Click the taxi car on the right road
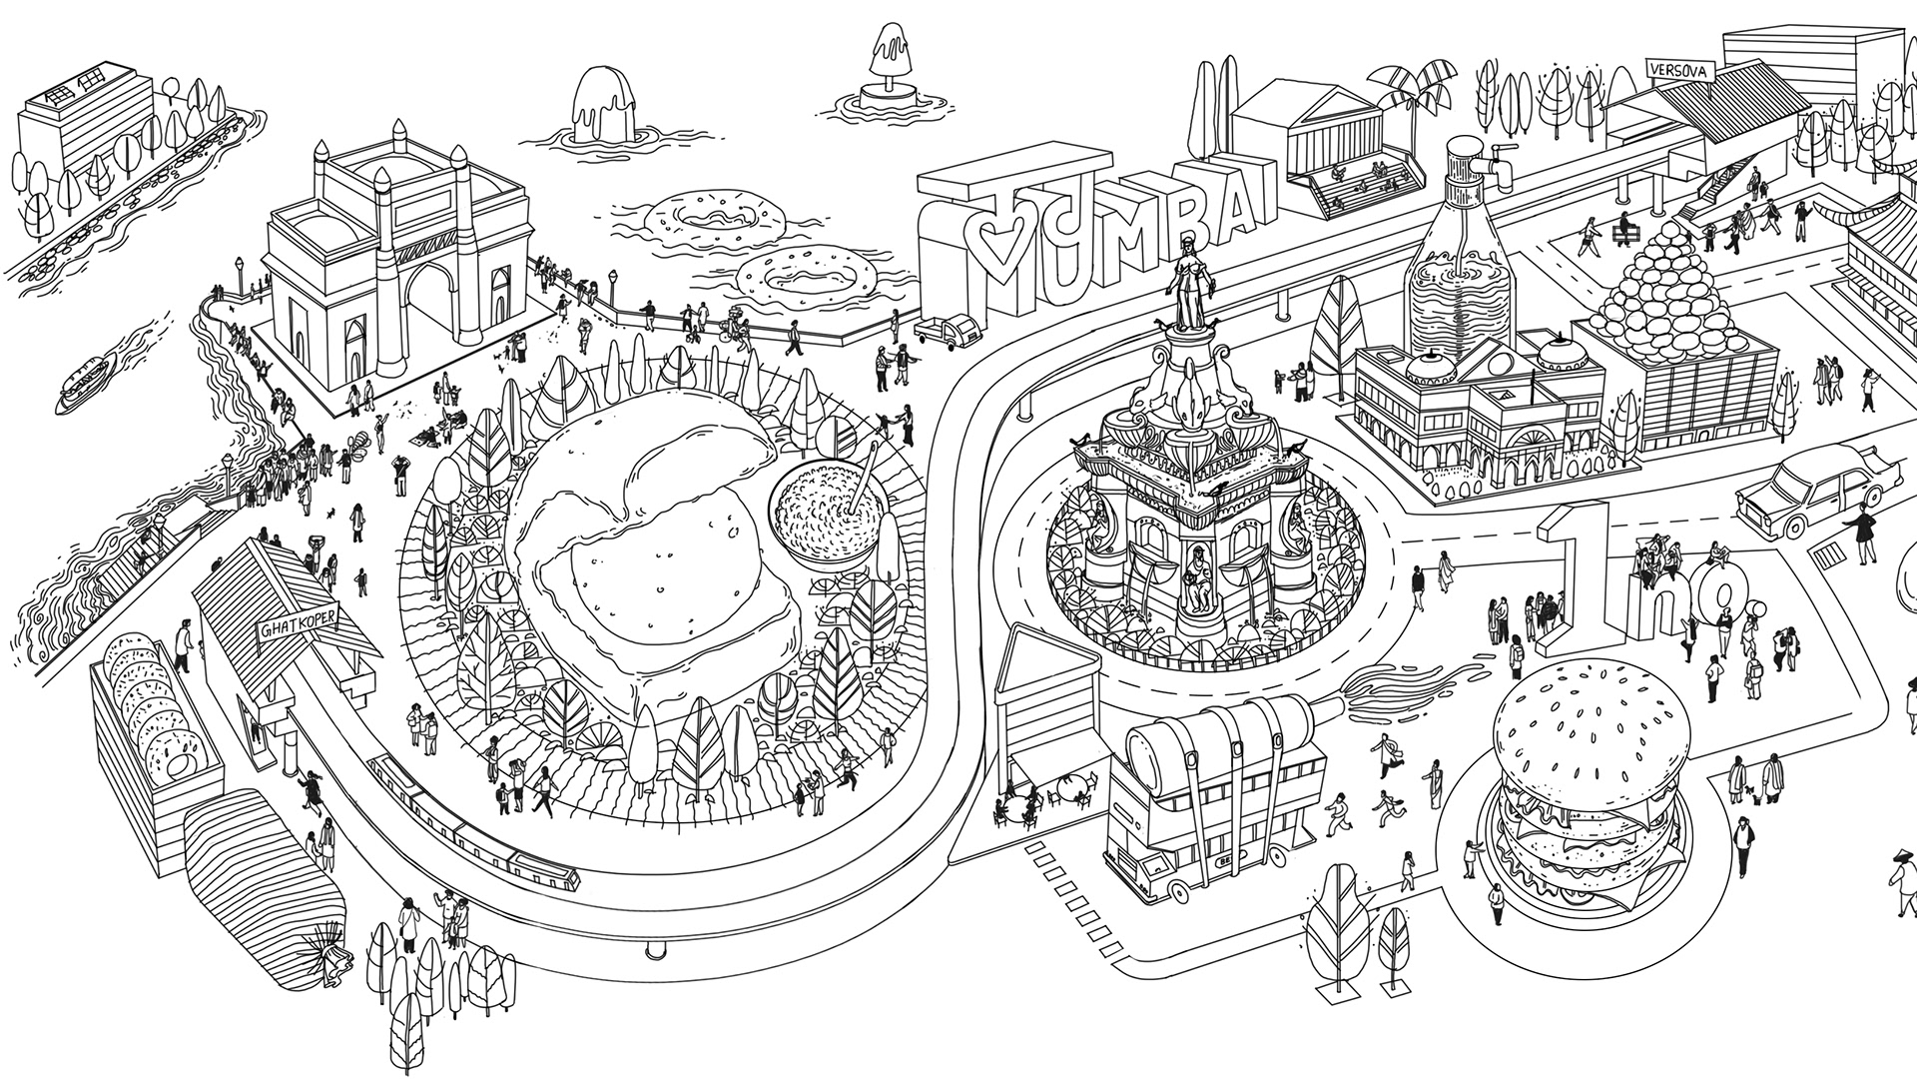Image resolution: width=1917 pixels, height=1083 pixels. click(x=1809, y=497)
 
